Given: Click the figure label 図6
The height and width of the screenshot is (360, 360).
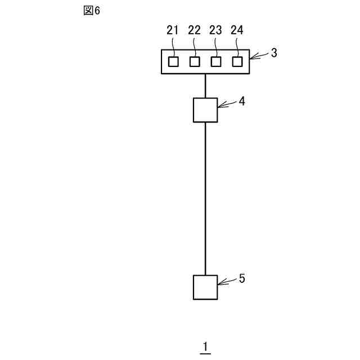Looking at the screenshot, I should click(x=91, y=11).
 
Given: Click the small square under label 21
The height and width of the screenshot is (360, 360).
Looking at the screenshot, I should click(x=174, y=61).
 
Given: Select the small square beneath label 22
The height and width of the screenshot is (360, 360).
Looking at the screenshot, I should click(x=195, y=61).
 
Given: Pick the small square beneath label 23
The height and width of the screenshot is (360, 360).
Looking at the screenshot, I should click(x=216, y=61).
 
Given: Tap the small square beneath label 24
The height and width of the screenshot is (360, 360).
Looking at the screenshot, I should click(x=237, y=61).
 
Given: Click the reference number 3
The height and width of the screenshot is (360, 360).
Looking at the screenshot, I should click(x=274, y=53).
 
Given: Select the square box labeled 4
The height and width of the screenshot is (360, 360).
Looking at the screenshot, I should click(x=205, y=110).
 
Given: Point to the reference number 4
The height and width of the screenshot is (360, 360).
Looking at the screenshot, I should click(x=241, y=101).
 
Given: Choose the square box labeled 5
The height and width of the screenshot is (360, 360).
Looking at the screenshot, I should click(x=205, y=287).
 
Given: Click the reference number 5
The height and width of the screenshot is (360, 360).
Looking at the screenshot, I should click(x=242, y=278).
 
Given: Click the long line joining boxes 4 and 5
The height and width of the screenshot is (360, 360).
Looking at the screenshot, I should click(x=205, y=197).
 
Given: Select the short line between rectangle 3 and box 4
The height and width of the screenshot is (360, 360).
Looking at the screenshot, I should click(x=205, y=85).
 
